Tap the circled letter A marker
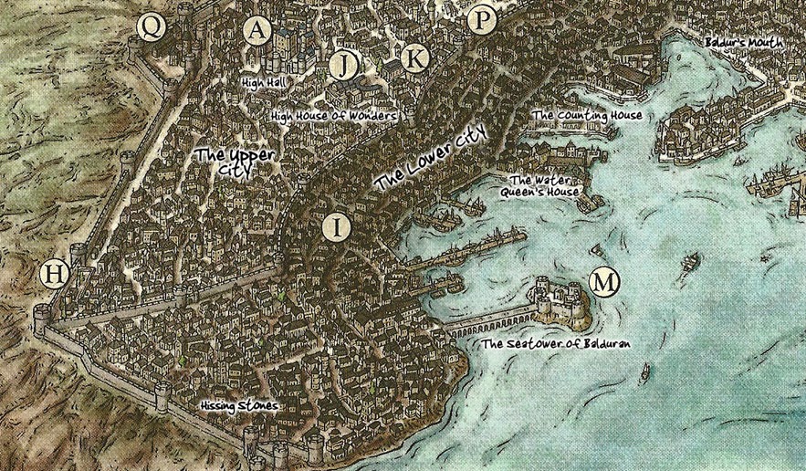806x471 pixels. (x=259, y=30)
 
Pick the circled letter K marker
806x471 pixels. (x=415, y=58)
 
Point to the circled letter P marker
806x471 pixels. (x=481, y=19)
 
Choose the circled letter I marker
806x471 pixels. (x=336, y=227)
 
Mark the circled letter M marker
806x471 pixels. (x=602, y=281)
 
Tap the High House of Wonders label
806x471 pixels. (x=333, y=117)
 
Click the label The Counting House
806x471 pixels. (x=587, y=116)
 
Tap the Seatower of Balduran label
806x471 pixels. (x=557, y=344)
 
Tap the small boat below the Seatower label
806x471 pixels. (x=645, y=371)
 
